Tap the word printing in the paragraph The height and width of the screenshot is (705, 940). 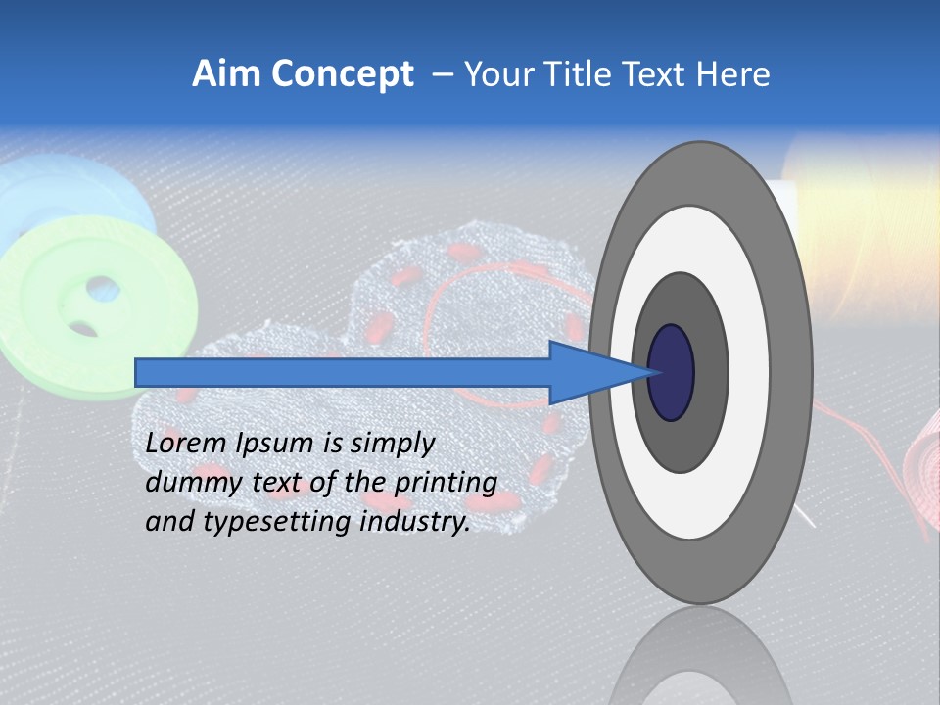click(x=445, y=483)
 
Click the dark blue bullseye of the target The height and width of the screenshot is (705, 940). click(x=671, y=372)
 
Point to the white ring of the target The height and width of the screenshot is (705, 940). click(x=754, y=372)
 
